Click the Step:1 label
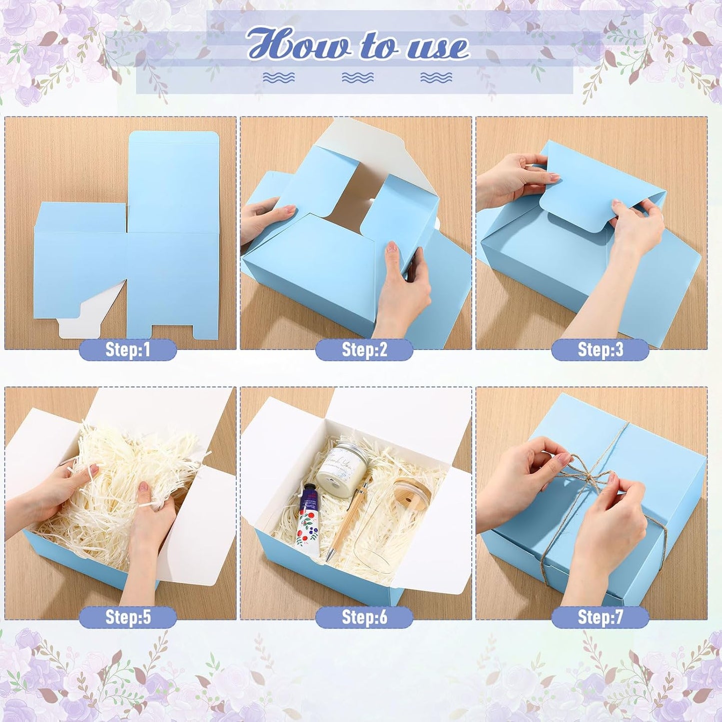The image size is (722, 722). tap(128, 350)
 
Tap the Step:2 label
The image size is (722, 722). tap(364, 350)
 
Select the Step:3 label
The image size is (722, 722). tap(600, 350)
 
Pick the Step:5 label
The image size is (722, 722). tap(128, 617)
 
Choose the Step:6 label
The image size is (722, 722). tap(364, 617)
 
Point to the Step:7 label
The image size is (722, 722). tap(600, 617)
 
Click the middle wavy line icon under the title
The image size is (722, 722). tap(358, 77)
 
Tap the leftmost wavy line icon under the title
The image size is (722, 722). tap(279, 77)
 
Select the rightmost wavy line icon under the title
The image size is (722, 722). tap(436, 77)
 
